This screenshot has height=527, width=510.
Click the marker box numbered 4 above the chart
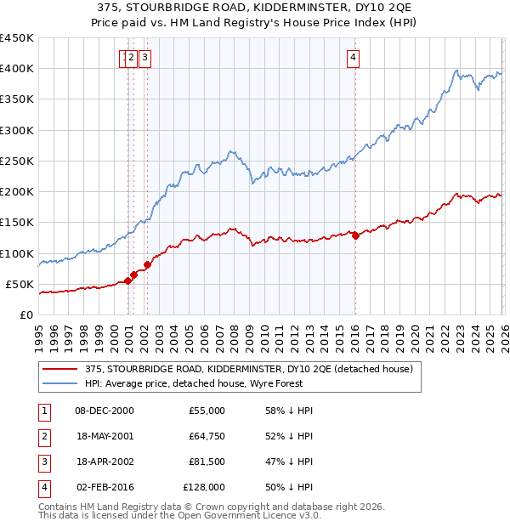[353, 58]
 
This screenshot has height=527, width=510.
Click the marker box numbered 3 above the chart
[145, 58]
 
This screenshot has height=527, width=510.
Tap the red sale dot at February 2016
[355, 235]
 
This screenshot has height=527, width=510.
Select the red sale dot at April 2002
[147, 264]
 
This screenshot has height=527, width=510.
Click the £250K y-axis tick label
[17, 161]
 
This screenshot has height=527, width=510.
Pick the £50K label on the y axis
[20, 284]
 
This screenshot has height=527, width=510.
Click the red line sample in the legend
[59, 369]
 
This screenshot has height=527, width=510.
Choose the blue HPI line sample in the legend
[59, 383]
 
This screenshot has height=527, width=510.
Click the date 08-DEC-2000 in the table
[105, 411]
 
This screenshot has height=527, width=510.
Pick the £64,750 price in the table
[207, 436]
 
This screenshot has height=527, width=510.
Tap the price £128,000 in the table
[204, 487]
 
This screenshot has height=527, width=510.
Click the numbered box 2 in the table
[42, 436]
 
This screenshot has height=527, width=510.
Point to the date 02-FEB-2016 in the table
[105, 487]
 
